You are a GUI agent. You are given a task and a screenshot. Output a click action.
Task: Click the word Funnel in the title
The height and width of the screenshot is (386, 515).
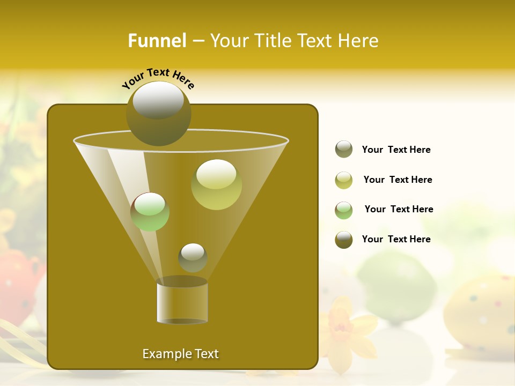(157, 41)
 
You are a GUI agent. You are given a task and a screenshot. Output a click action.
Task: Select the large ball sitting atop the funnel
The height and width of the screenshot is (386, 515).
(158, 113)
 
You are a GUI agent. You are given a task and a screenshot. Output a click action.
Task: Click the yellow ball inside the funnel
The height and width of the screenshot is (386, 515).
(216, 184)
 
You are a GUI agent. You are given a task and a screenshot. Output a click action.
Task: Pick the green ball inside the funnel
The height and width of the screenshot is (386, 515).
(150, 212)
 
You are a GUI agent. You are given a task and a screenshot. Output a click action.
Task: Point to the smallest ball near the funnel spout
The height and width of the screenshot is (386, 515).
(193, 257)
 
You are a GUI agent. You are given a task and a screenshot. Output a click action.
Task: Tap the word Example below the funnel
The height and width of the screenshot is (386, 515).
(163, 354)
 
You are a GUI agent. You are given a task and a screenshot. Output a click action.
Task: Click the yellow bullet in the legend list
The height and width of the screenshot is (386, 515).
(344, 180)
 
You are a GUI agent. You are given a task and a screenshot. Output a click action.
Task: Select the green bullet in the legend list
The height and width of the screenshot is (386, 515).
(344, 210)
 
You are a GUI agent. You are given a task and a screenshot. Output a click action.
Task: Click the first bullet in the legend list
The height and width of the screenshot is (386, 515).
(344, 150)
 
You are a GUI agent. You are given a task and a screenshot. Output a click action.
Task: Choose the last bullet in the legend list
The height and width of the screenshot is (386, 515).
(344, 240)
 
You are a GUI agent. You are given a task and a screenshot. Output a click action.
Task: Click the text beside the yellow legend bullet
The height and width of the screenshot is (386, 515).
(398, 180)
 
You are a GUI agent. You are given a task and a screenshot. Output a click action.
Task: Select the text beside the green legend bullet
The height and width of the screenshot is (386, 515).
(399, 209)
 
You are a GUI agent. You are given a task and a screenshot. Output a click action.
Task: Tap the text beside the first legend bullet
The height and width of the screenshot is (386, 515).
(396, 150)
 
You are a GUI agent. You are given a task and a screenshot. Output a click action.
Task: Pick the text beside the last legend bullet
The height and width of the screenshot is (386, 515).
(396, 239)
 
